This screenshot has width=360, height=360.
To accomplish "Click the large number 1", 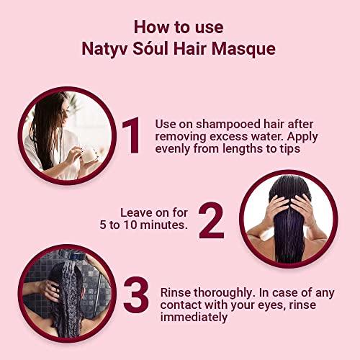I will click(x=131, y=136).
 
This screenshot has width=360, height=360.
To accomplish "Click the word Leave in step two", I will click(x=137, y=212).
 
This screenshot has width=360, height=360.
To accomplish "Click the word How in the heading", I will click(x=149, y=27).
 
